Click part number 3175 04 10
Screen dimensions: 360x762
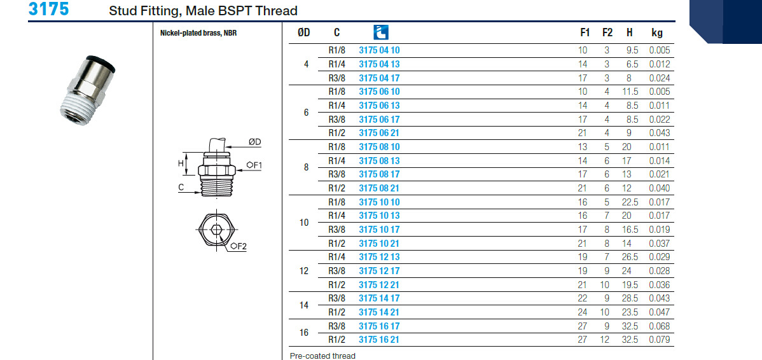[379, 50]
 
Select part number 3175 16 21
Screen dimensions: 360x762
[379, 340]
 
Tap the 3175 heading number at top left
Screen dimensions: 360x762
[48, 10]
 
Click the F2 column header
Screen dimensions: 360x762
[607, 33]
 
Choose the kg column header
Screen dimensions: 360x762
[657, 33]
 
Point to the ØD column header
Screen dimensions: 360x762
[304, 33]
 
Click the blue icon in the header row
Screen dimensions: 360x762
[380, 32]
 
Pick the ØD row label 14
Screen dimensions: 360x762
[304, 305]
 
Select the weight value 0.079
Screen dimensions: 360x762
[659, 340]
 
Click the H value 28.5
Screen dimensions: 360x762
[629, 298]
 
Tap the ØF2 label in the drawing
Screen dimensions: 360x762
[239, 246]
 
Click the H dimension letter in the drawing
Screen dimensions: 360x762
[181, 163]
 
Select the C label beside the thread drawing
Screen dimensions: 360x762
[181, 188]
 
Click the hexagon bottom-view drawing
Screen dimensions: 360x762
[217, 230]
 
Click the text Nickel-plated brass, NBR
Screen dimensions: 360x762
[198, 33]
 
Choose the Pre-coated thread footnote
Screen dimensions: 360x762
[322, 356]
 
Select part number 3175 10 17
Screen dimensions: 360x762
[379, 230]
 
